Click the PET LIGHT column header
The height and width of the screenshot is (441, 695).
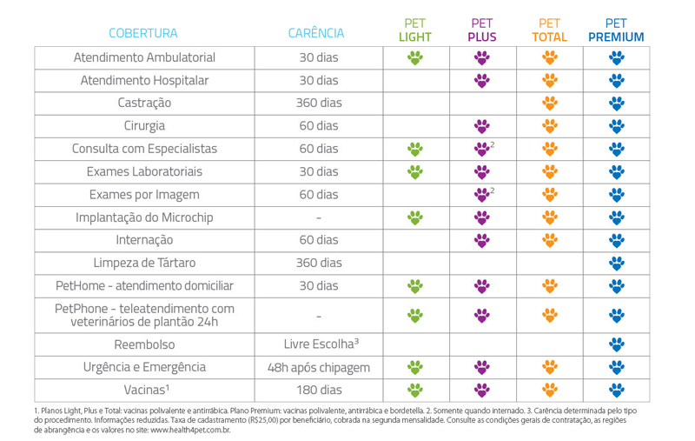[415, 30]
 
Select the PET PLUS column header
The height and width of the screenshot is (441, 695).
[481, 30]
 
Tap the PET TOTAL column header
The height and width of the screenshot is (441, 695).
[549, 30]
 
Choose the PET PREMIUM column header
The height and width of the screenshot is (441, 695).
[616, 30]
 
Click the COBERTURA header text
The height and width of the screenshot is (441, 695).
[143, 34]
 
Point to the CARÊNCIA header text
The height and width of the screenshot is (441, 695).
[316, 34]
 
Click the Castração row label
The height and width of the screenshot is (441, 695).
[145, 103]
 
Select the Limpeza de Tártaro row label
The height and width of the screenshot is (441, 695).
[145, 262]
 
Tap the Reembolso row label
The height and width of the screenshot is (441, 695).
[145, 343]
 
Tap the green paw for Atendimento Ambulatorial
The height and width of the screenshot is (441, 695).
[415, 57]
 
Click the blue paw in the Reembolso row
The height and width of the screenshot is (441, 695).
[616, 343]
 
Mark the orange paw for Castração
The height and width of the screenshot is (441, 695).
[549, 103]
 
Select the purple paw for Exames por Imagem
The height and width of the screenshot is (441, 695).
[481, 194]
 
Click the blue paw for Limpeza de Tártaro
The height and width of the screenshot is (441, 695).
[616, 262]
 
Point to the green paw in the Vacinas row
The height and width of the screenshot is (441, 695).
[415, 389]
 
